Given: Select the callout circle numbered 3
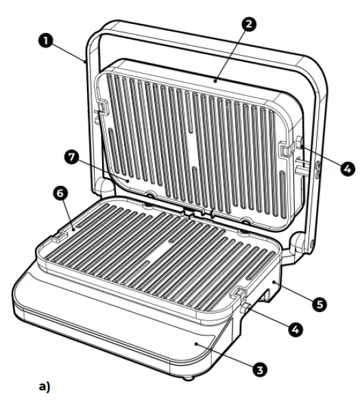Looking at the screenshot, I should coord(259,370).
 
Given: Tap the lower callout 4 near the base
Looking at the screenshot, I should coord(294,329).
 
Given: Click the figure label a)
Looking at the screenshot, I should coord(45,387).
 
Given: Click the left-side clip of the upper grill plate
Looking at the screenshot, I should coord(102,108).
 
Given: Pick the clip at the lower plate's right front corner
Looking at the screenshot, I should coord(239,294).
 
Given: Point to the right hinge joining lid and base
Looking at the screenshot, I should coord(300,242).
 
